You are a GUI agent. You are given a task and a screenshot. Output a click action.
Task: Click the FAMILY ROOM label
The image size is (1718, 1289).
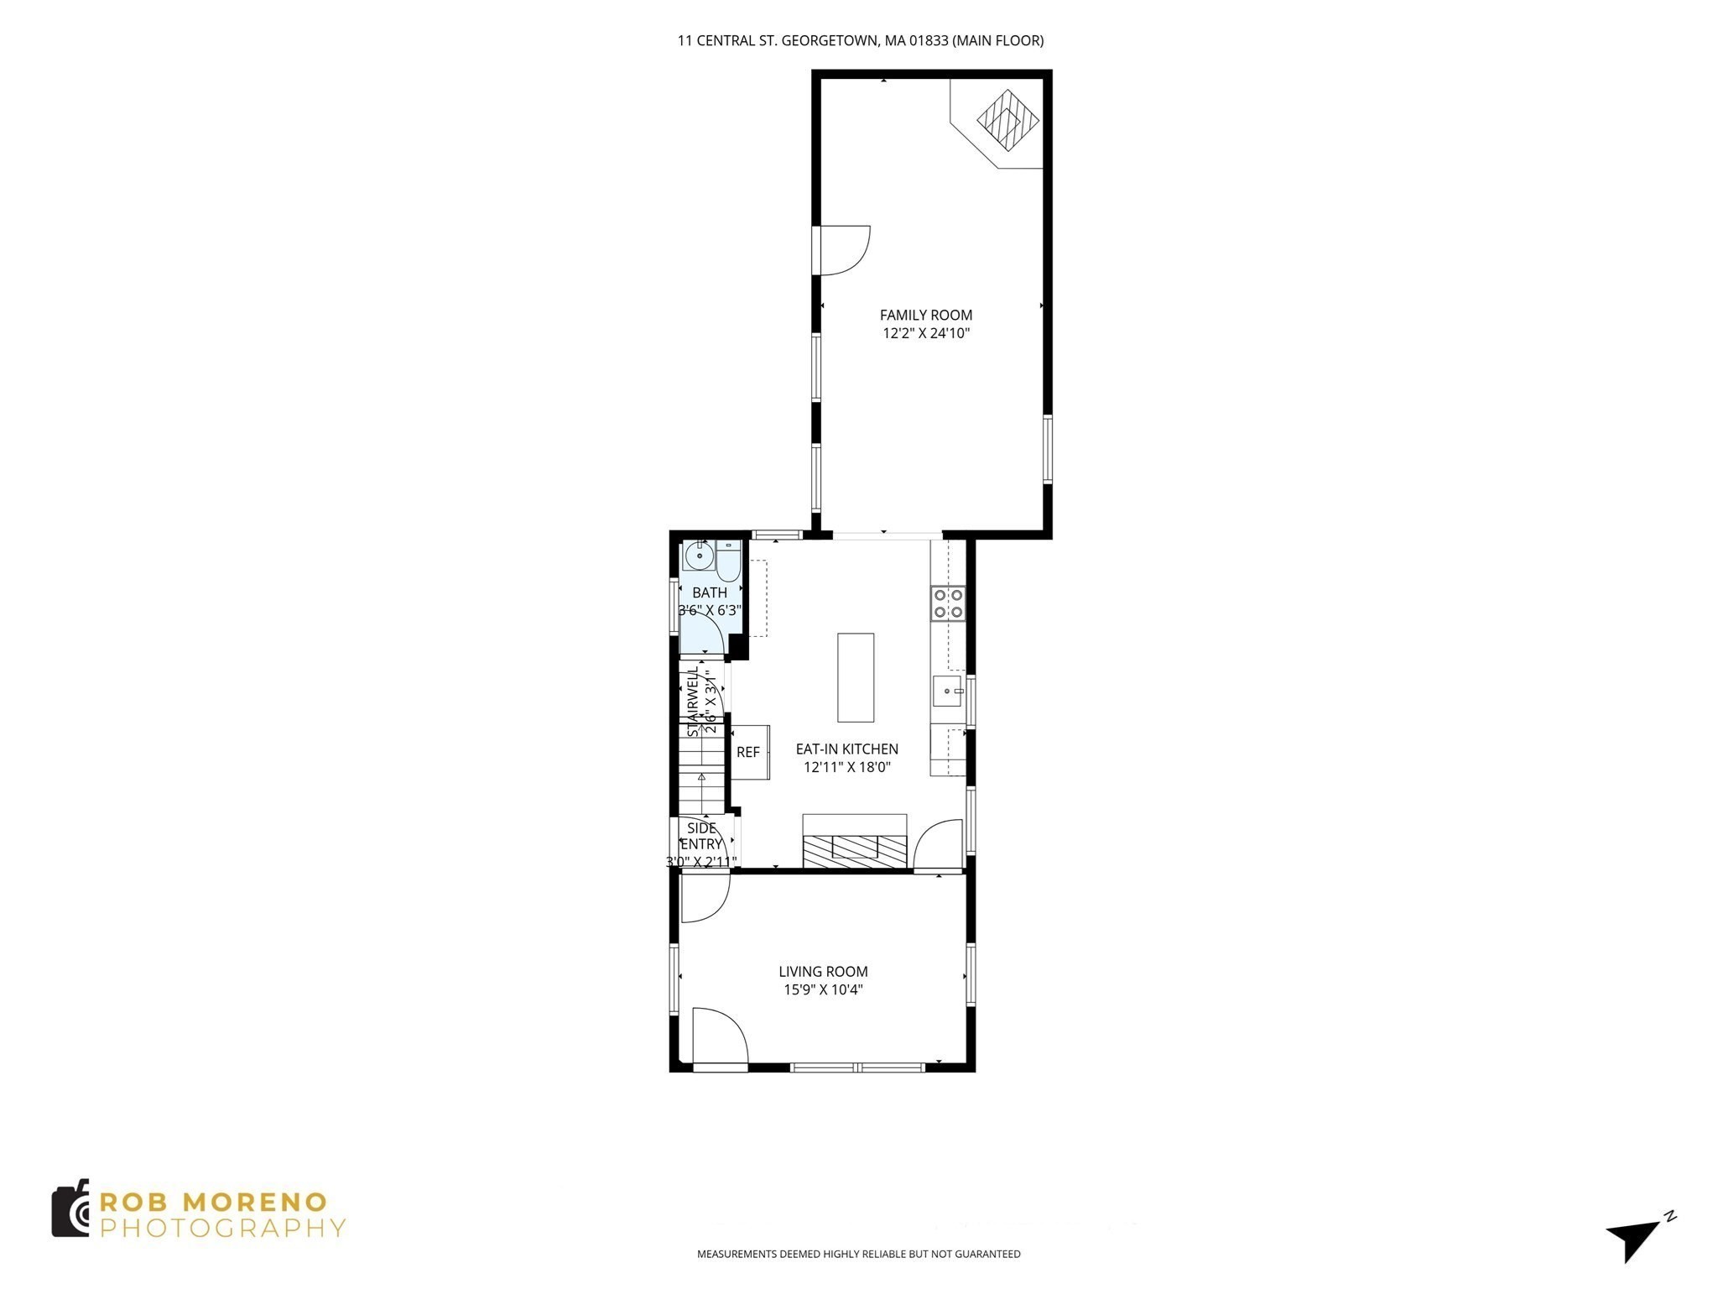pos(925,315)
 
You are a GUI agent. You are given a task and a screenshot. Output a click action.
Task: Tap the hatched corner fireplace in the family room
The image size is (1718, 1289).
pos(1007,120)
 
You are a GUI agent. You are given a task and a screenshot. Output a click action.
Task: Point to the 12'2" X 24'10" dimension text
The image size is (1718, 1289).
pos(925,333)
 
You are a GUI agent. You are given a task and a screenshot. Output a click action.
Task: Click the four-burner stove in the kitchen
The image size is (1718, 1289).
pos(948,603)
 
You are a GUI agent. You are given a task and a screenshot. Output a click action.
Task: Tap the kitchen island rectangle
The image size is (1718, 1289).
pos(855,677)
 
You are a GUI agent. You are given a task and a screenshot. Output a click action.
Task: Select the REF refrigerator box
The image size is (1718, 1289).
pos(748,752)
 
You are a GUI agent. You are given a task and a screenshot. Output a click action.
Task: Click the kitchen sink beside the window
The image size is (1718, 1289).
pos(947,691)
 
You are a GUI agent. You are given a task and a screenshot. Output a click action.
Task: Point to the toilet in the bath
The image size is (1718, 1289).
pos(727,561)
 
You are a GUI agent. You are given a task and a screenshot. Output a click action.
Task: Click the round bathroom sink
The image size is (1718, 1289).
pos(699,556)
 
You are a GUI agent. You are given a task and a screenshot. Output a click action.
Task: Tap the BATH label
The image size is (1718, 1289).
pos(709,592)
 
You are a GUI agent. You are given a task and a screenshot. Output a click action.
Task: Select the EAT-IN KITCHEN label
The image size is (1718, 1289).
pos(846,749)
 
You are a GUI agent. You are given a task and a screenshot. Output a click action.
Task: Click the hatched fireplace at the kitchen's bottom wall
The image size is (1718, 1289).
pos(854,850)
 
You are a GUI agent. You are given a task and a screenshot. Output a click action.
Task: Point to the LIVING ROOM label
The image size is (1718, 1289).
pos(823,971)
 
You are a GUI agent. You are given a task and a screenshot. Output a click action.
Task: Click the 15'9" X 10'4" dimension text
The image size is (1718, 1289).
pos(823,989)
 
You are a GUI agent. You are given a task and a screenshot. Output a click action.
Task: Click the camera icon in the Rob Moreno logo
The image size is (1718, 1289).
pos(70,1208)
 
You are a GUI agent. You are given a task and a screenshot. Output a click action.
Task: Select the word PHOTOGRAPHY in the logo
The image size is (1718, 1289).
pos(222,1229)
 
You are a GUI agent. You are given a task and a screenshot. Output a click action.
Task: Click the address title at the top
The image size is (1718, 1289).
pos(860,40)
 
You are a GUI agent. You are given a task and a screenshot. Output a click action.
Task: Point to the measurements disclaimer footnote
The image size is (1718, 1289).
pos(858,1254)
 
